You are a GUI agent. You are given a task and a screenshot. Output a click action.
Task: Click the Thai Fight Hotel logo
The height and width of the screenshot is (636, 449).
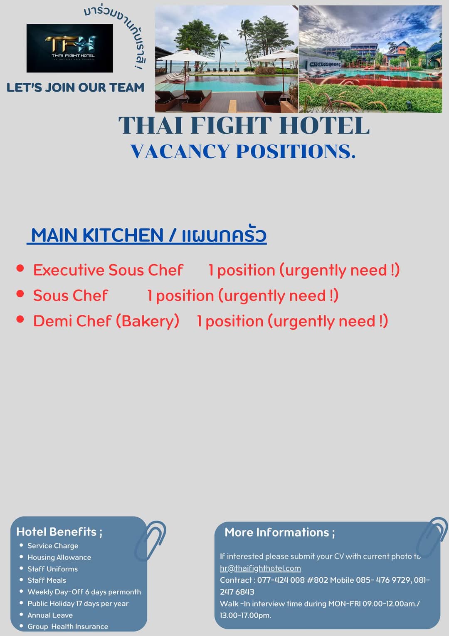coord(70,48)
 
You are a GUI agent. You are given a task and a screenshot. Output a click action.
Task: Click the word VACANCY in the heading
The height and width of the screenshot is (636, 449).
coord(180,151)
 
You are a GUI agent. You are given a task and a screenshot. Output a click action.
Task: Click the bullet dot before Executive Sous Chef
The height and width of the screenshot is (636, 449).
coord(20,268)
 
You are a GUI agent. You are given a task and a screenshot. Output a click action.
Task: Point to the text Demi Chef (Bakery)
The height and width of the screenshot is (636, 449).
coord(106,321)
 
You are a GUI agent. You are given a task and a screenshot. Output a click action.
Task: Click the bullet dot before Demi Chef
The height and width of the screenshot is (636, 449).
coord(20,319)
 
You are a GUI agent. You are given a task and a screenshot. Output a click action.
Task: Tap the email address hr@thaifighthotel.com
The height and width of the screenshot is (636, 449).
coord(260,568)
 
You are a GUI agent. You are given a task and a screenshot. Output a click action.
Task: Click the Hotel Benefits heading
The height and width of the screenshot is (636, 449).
coord(59,532)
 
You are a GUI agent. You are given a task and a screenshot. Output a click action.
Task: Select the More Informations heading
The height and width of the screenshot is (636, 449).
coord(280,532)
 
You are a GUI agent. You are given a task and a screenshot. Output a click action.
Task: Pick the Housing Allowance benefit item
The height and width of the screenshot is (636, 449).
coord(59,557)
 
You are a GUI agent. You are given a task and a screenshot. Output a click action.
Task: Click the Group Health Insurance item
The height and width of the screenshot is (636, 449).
coord(68,626)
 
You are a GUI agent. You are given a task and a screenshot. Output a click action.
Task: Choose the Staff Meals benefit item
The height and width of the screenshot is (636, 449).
coord(47,580)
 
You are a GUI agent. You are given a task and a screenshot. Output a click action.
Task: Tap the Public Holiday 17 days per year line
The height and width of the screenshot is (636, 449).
coord(78,604)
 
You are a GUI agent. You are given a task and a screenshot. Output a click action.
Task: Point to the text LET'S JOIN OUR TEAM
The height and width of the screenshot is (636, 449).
coord(75,87)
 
